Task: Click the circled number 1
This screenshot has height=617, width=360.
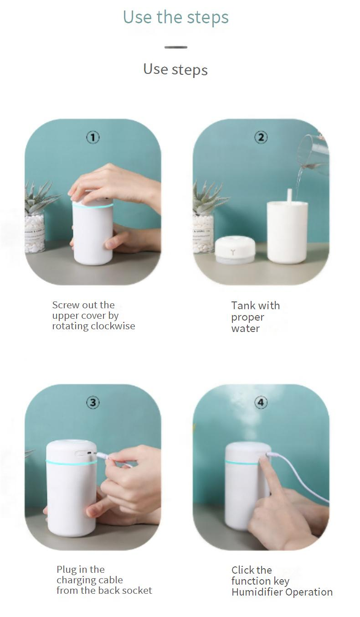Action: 93,137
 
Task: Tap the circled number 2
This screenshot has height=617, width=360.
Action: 261,137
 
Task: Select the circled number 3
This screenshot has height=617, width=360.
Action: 93,402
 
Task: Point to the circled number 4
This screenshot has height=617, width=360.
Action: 261,402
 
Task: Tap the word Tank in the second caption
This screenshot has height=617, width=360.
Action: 241,306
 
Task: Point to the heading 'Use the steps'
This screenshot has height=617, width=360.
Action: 175,17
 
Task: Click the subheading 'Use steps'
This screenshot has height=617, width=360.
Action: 175,69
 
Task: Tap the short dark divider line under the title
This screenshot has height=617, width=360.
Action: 176,47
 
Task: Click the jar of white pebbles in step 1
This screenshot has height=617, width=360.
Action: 35,232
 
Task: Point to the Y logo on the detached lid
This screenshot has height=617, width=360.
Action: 233,252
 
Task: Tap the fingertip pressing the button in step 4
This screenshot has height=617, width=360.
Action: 263,460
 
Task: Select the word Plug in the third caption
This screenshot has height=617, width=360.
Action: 66,570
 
